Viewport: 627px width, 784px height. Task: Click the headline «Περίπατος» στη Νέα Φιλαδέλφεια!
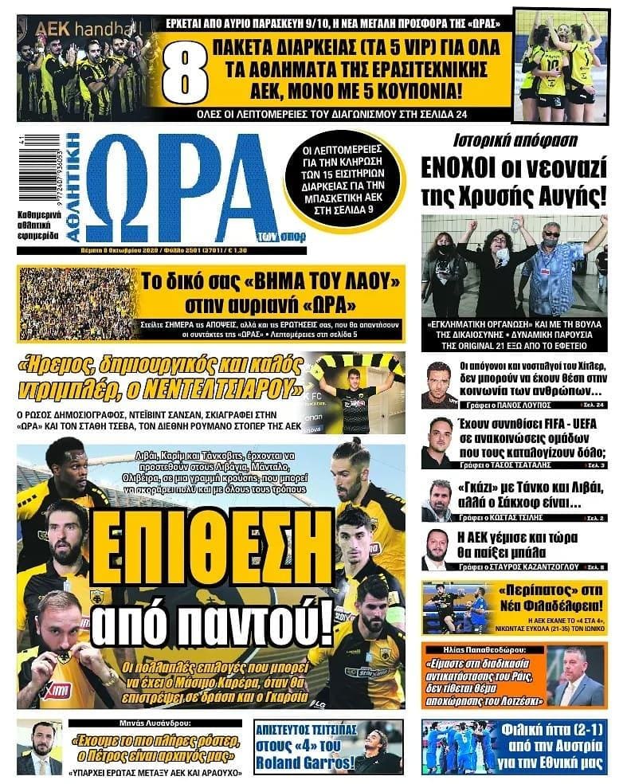(551, 598)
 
